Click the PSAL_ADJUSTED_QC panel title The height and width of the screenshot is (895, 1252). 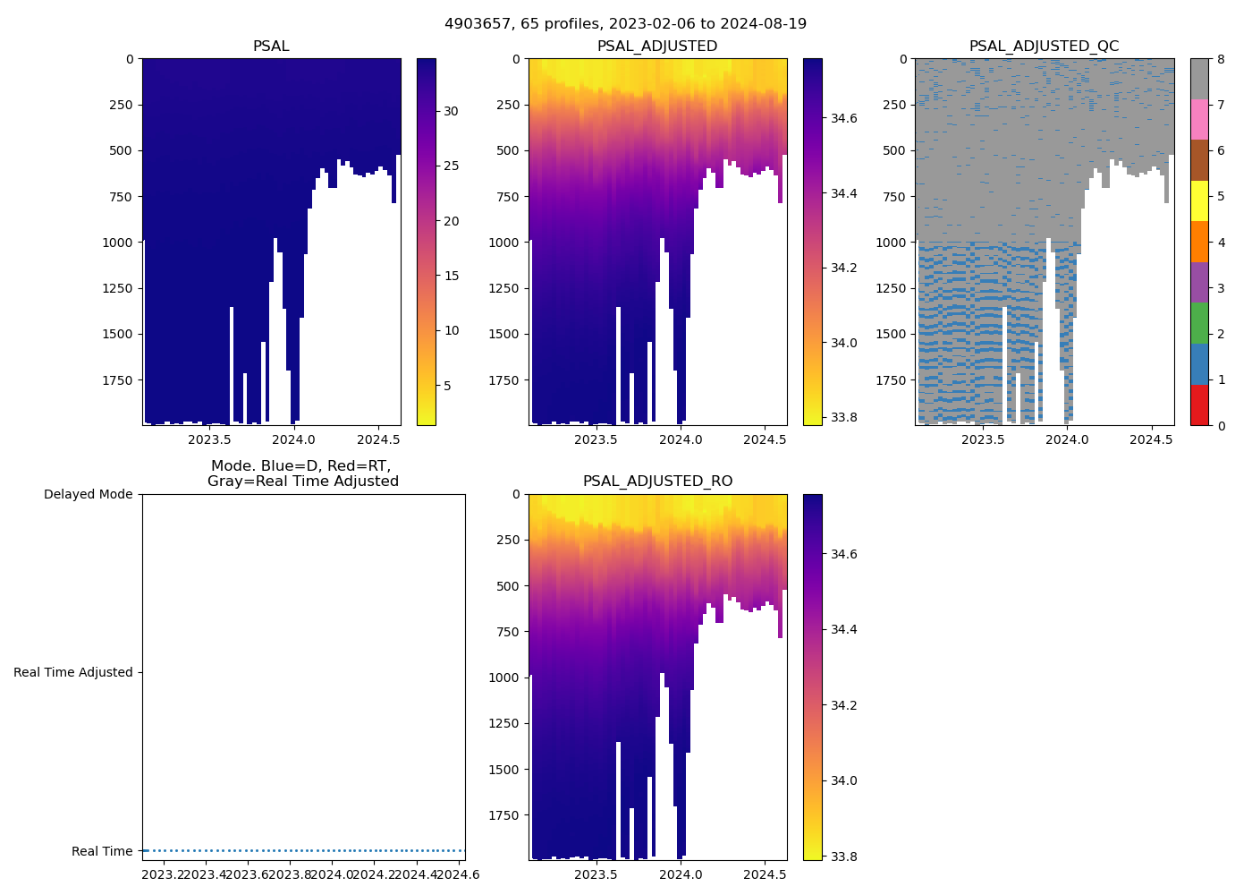[1044, 47]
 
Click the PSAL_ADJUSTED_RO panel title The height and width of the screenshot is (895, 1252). [657, 482]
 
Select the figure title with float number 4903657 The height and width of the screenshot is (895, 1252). [625, 24]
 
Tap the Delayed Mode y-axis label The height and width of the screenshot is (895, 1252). [88, 495]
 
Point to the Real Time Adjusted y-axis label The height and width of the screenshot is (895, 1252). [72, 673]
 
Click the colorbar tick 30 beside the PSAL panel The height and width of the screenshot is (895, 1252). [451, 112]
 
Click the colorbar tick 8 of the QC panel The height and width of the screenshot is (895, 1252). [1220, 59]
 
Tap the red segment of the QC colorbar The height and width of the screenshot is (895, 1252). [1199, 405]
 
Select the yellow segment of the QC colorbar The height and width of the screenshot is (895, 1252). [1199, 200]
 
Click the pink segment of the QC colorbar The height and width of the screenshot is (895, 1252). [1199, 119]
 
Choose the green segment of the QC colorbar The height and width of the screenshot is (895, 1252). [1199, 323]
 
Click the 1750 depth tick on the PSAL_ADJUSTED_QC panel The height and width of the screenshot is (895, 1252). [894, 380]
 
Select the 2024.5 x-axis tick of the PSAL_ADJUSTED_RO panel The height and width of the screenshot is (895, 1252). [764, 874]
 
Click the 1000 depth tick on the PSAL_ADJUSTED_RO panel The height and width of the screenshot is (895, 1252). [508, 678]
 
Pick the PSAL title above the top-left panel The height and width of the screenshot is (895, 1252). [271, 47]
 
